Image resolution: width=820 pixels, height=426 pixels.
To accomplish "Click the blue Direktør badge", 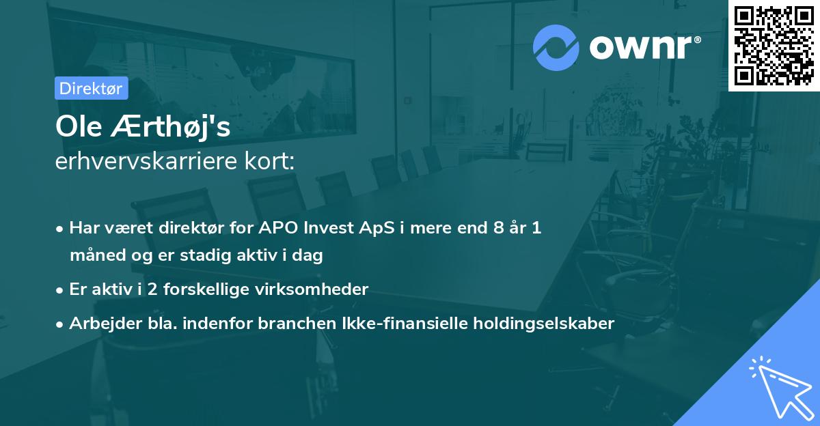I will (x=91, y=88).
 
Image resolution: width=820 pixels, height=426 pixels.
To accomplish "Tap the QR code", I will (x=774, y=45).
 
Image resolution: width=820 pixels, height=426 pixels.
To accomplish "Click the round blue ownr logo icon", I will (x=556, y=47).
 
